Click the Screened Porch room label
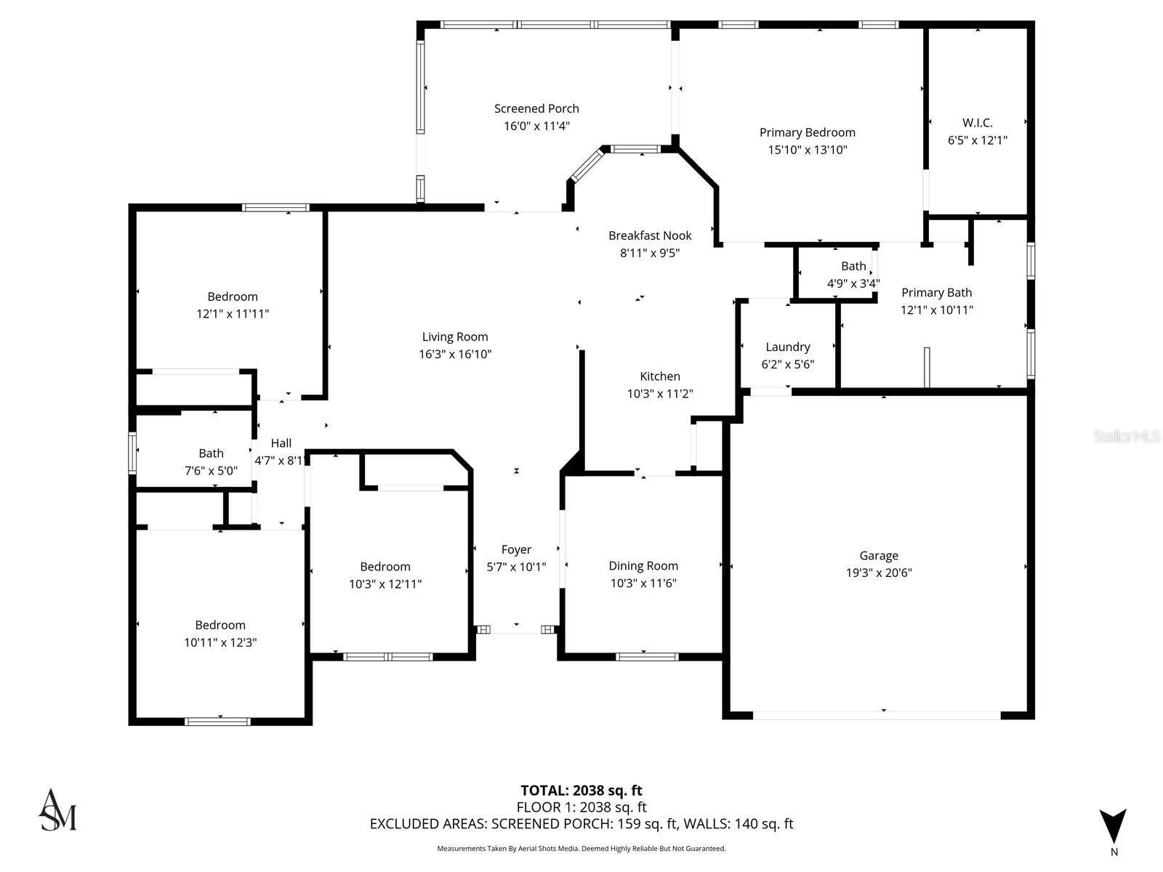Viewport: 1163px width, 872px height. click(536, 109)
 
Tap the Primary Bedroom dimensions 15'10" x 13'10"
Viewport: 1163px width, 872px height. click(807, 150)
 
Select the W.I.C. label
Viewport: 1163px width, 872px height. click(977, 123)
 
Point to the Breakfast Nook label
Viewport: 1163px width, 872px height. click(650, 235)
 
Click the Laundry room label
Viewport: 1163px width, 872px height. click(787, 347)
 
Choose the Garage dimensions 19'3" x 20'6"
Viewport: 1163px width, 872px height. click(878, 573)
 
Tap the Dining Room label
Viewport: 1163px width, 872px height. click(643, 566)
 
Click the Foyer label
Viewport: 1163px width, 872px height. click(516, 550)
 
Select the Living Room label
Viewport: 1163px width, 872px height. click(455, 337)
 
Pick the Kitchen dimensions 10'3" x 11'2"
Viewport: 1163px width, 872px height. click(660, 394)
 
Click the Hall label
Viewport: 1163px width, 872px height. click(281, 443)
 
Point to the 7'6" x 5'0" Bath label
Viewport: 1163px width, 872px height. click(211, 453)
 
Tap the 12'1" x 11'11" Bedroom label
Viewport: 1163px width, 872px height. click(233, 296)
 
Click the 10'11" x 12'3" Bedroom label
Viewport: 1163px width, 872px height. click(220, 625)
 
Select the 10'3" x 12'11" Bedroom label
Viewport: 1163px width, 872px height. click(385, 567)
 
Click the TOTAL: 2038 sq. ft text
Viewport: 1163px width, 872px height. click(581, 791)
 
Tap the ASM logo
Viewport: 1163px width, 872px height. click(57, 810)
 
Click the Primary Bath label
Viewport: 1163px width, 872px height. click(936, 293)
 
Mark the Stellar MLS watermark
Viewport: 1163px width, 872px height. click(1127, 437)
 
